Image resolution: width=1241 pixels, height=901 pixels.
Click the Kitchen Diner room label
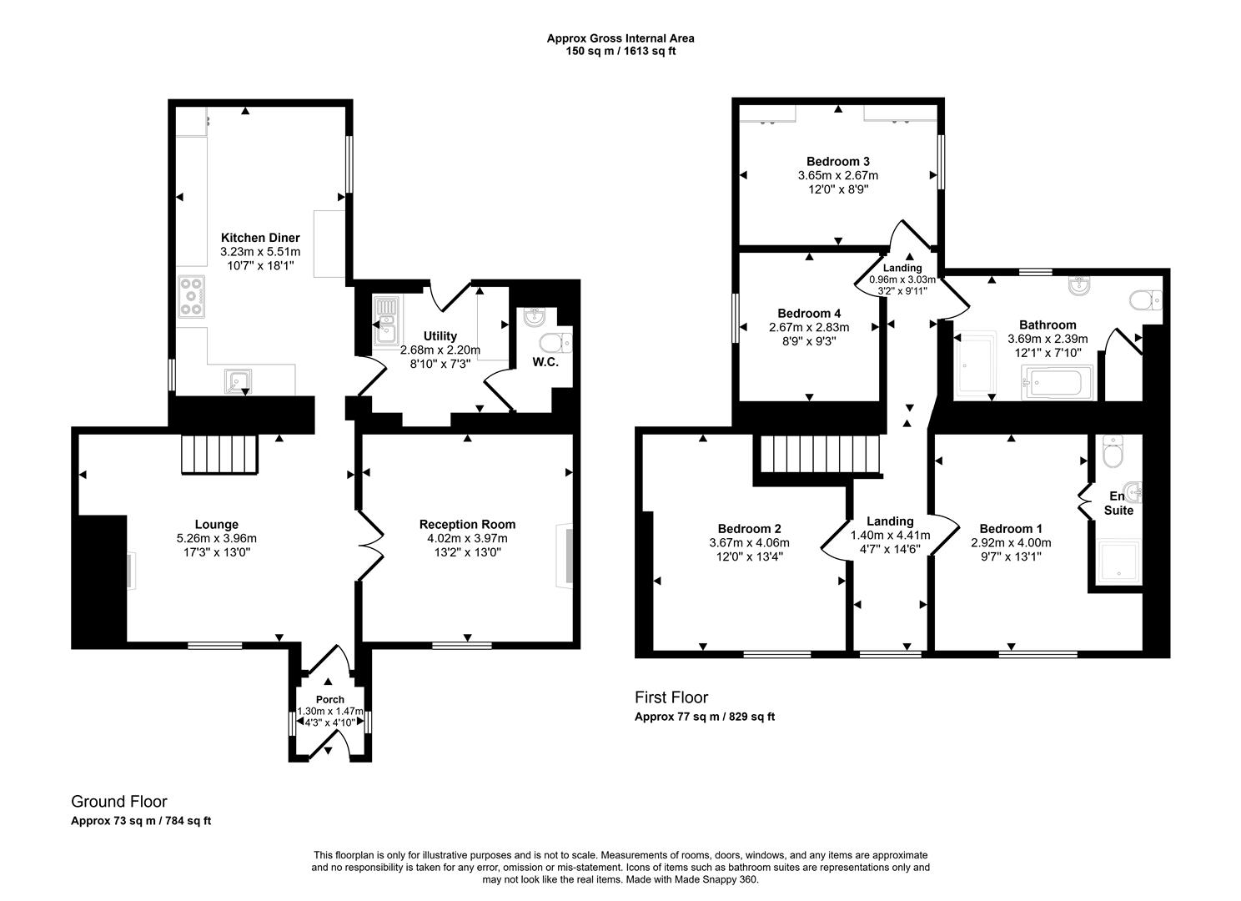pyautogui.click(x=259, y=238)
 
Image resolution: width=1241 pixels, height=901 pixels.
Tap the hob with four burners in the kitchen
pyautogui.click(x=191, y=296)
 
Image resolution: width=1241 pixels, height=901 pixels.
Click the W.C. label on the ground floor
pyautogui.click(x=545, y=362)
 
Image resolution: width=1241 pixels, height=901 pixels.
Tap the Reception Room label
pyautogui.click(x=467, y=524)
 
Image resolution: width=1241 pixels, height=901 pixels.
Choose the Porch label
pyautogui.click(x=329, y=699)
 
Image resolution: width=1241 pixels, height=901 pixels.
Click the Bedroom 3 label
pyautogui.click(x=837, y=161)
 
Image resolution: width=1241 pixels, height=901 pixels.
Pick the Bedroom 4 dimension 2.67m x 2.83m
pyautogui.click(x=808, y=327)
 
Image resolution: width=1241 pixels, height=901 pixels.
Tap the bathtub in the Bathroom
pyautogui.click(x=1051, y=384)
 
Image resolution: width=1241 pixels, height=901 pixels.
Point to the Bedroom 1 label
pyautogui.click(x=1011, y=528)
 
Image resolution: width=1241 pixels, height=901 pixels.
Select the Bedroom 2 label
pyautogui.click(x=749, y=528)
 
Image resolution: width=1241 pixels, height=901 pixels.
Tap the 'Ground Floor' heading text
pyautogui.click(x=119, y=802)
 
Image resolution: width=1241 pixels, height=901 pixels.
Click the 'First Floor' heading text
pyautogui.click(x=671, y=697)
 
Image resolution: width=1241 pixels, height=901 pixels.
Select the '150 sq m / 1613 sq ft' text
pyautogui.click(x=620, y=51)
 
